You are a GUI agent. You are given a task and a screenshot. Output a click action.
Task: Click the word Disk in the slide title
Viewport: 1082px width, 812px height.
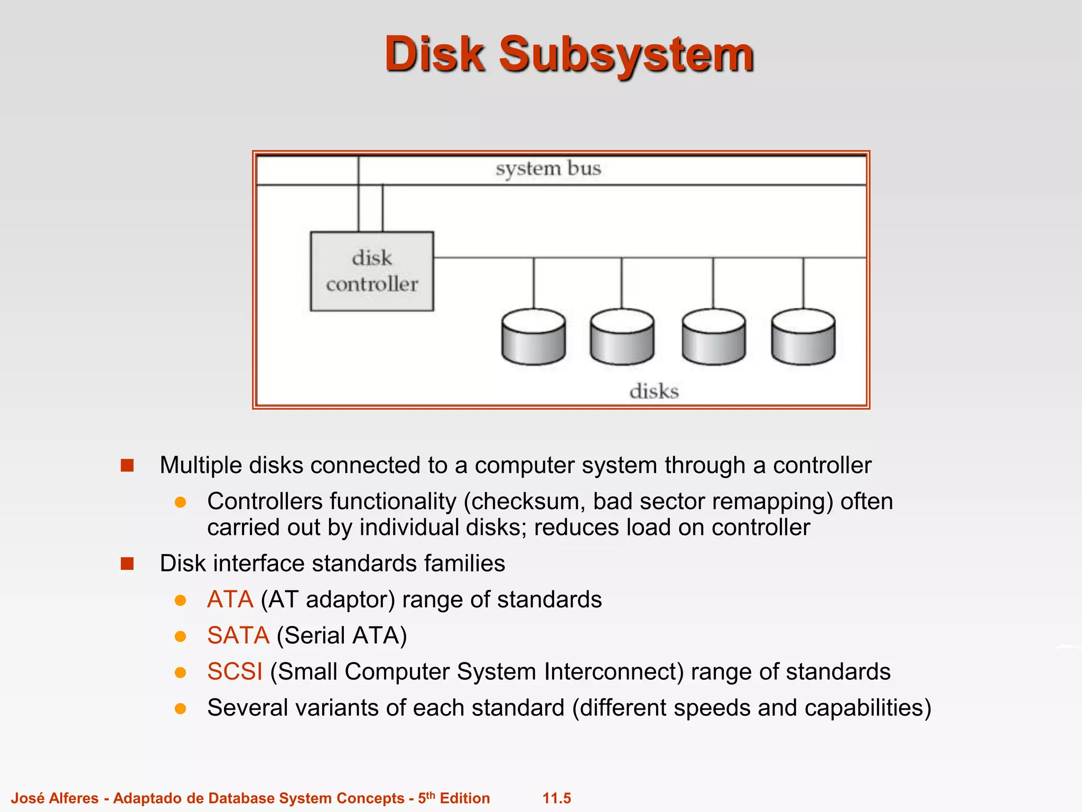pyautogui.click(x=434, y=54)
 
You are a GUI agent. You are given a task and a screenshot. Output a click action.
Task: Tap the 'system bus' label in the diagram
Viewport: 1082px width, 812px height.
pyautogui.click(x=548, y=169)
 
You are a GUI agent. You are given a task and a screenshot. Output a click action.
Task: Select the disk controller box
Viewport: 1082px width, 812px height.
pyautogui.click(x=372, y=271)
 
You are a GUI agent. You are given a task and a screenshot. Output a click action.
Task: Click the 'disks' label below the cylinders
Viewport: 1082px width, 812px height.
pyautogui.click(x=654, y=392)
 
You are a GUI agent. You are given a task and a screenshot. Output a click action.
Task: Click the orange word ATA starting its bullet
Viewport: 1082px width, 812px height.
pyautogui.click(x=230, y=599)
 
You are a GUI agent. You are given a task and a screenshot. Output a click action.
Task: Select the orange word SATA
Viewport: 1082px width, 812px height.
pyautogui.click(x=238, y=635)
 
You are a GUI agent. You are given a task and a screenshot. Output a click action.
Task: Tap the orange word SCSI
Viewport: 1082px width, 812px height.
pyautogui.click(x=235, y=671)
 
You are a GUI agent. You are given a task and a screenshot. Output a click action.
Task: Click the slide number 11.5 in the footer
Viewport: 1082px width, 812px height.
pyautogui.click(x=556, y=798)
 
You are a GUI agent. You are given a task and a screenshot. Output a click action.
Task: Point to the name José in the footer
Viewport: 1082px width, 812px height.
pyautogui.click(x=28, y=798)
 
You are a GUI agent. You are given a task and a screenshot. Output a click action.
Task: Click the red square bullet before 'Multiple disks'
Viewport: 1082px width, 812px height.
pyautogui.click(x=127, y=465)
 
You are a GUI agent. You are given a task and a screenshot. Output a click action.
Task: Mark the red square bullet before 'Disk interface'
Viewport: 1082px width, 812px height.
pyautogui.click(x=127, y=564)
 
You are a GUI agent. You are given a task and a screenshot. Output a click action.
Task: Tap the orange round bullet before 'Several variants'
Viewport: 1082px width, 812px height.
pyautogui.click(x=181, y=708)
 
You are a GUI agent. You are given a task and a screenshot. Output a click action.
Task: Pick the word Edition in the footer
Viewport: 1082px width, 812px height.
pyautogui.click(x=464, y=798)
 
